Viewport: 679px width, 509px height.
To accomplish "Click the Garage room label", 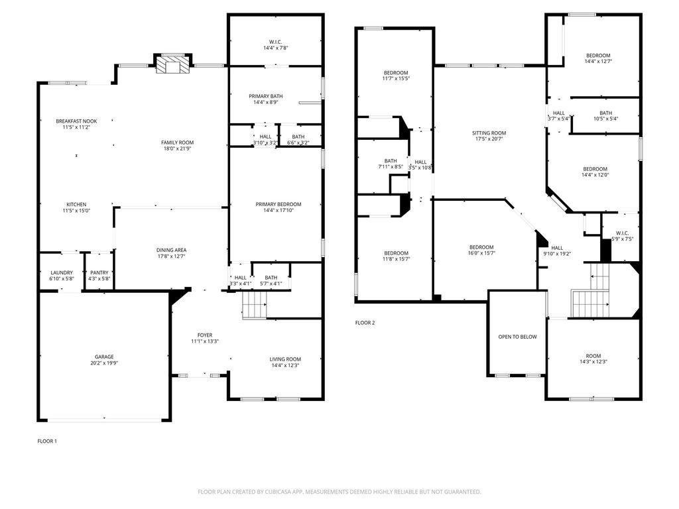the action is (104, 357).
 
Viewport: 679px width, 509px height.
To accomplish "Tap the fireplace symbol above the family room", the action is (173, 66).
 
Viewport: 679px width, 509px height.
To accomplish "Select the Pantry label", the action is (99, 272).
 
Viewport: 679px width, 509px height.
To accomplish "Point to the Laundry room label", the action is (62, 272).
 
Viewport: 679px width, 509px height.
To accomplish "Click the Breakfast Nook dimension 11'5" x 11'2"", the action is (76, 127).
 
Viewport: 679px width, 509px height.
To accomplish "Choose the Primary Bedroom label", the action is (278, 204).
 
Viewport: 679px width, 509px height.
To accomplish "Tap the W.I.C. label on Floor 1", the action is (275, 42).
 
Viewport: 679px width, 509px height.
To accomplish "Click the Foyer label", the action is (205, 335).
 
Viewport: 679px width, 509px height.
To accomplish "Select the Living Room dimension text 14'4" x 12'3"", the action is (285, 365).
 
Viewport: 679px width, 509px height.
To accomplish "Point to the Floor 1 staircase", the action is (254, 305).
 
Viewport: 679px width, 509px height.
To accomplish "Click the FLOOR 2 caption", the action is (365, 323).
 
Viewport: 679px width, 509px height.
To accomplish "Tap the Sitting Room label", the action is (489, 133).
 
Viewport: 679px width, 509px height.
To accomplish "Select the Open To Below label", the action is (517, 337).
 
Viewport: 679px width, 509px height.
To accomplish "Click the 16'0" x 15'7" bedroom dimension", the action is (481, 253).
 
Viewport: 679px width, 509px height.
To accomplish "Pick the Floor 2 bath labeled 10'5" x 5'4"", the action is (606, 113).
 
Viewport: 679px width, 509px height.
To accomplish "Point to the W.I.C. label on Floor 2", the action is (622, 233).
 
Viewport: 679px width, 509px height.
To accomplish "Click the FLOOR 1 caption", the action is (47, 441).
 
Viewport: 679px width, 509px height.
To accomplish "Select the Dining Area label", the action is (172, 250).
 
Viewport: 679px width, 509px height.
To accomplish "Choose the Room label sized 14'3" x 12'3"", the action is (593, 356).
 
